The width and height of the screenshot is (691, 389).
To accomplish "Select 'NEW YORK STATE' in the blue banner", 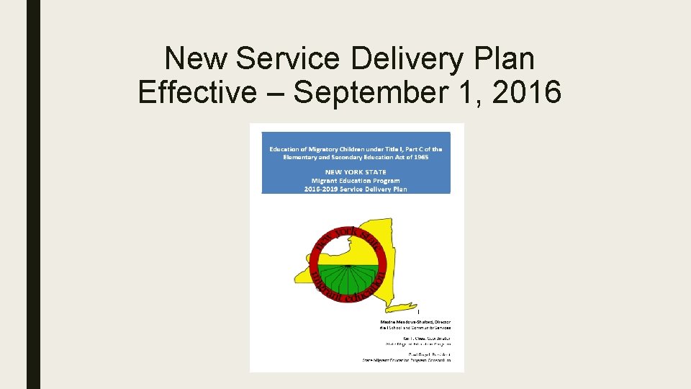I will pos(356,172).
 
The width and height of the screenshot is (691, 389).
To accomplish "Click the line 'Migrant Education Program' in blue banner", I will pos(356,180).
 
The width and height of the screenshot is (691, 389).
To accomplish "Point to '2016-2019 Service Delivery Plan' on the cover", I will pos(356,189).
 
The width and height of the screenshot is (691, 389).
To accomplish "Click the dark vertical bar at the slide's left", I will pos(33,194).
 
